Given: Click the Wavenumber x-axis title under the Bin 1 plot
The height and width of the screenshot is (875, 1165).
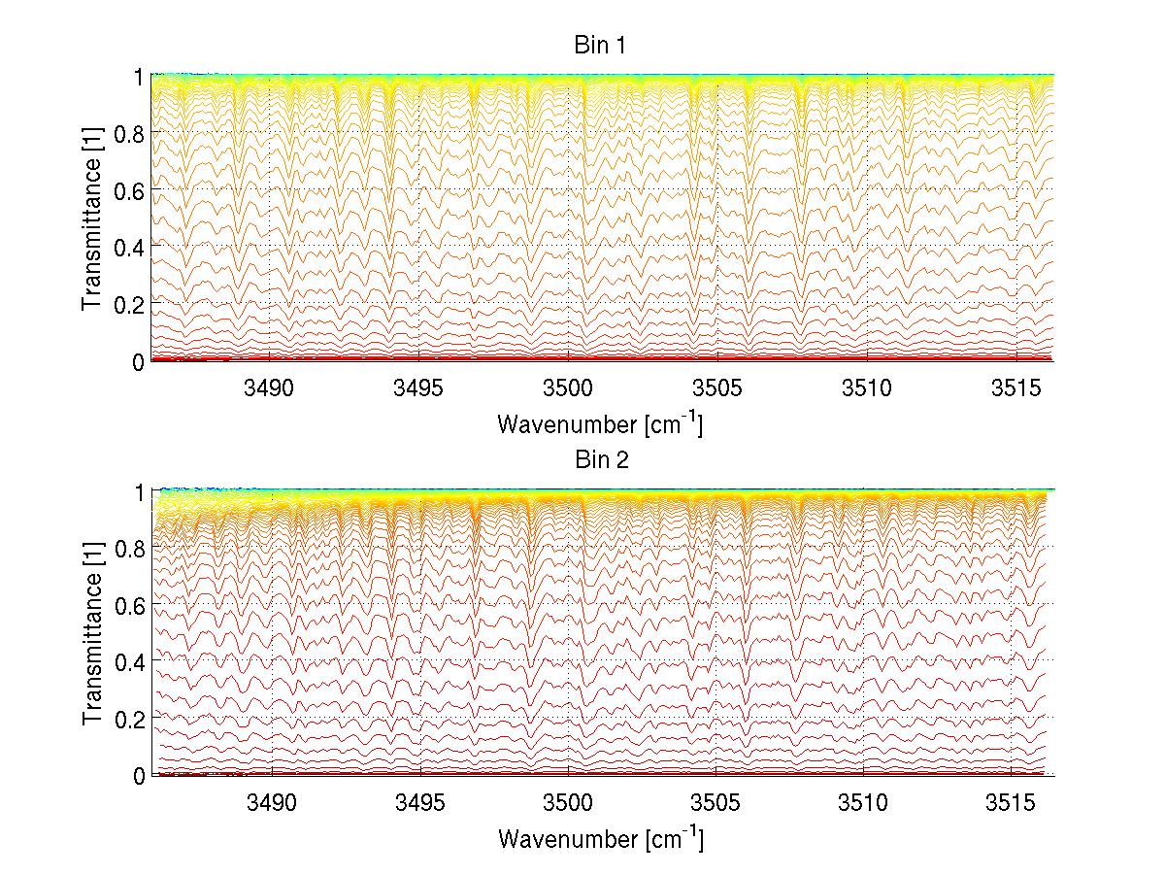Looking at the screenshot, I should point(600,423).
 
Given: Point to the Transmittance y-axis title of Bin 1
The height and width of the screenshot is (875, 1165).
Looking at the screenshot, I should point(92,219).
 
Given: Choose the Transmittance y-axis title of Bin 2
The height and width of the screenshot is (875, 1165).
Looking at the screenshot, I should point(92,633).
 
